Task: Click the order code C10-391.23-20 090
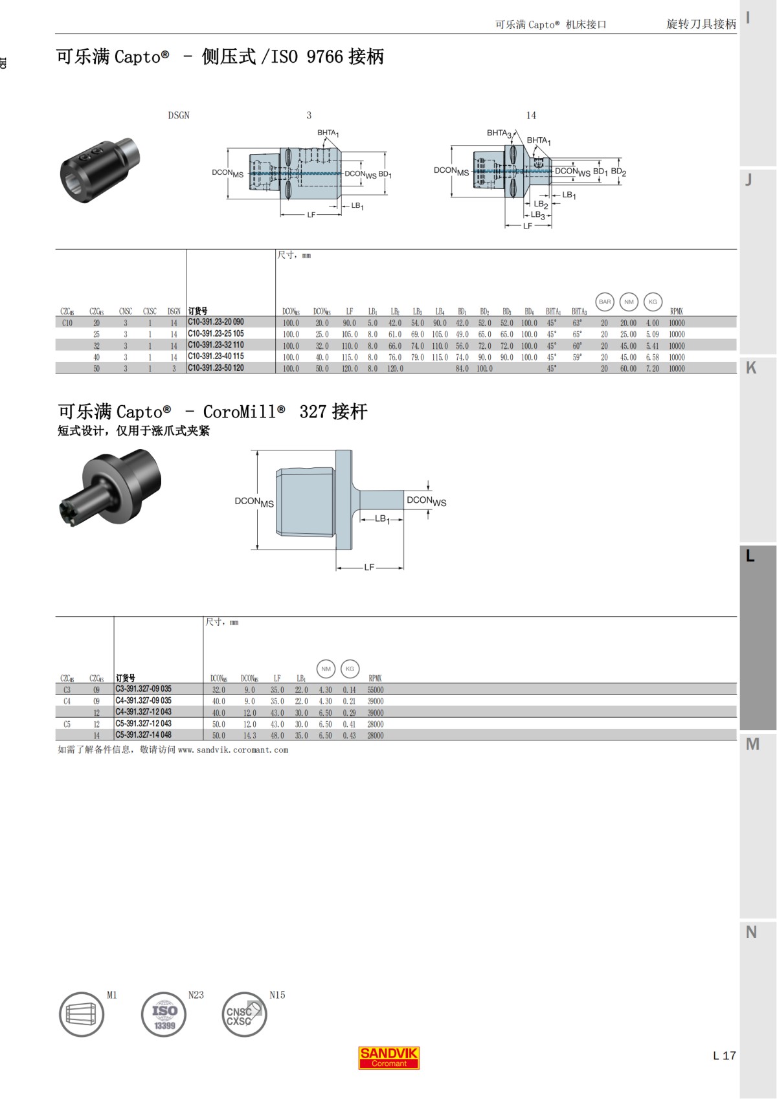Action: click(216, 322)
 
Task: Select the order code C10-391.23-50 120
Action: click(216, 368)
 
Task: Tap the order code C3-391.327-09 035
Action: click(143, 689)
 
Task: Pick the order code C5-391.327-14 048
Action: click(143, 735)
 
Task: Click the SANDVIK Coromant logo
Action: click(389, 1058)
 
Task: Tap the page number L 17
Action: click(724, 1056)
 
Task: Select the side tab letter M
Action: click(752, 744)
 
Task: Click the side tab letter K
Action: click(751, 368)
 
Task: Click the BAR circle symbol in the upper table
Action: click(605, 302)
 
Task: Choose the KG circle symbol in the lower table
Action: click(350, 669)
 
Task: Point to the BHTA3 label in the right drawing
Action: click(499, 133)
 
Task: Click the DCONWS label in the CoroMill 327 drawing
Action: click(426, 501)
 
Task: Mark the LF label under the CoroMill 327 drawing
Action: click(369, 567)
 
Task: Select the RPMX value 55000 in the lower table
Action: click(376, 690)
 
